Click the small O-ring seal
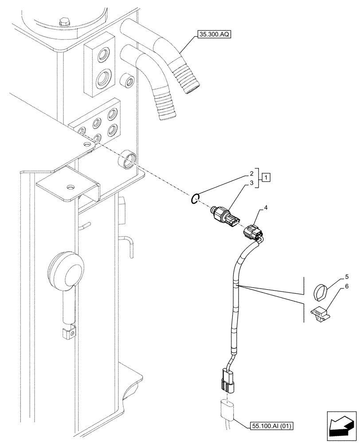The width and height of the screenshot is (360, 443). pos(194,200)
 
